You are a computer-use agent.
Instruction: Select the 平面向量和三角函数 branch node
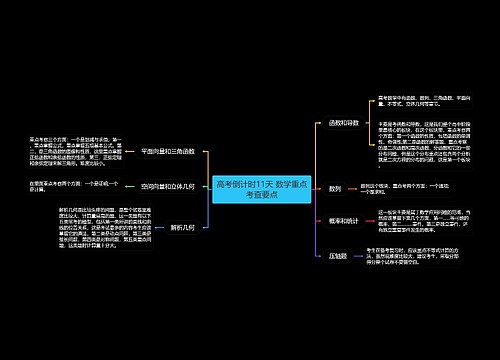click(x=175, y=151)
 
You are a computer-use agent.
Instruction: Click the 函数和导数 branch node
click(x=343, y=123)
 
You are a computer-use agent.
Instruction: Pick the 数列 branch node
click(x=335, y=187)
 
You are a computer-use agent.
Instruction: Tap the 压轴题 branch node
click(x=338, y=256)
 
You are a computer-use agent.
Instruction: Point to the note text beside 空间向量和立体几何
click(x=74, y=187)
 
